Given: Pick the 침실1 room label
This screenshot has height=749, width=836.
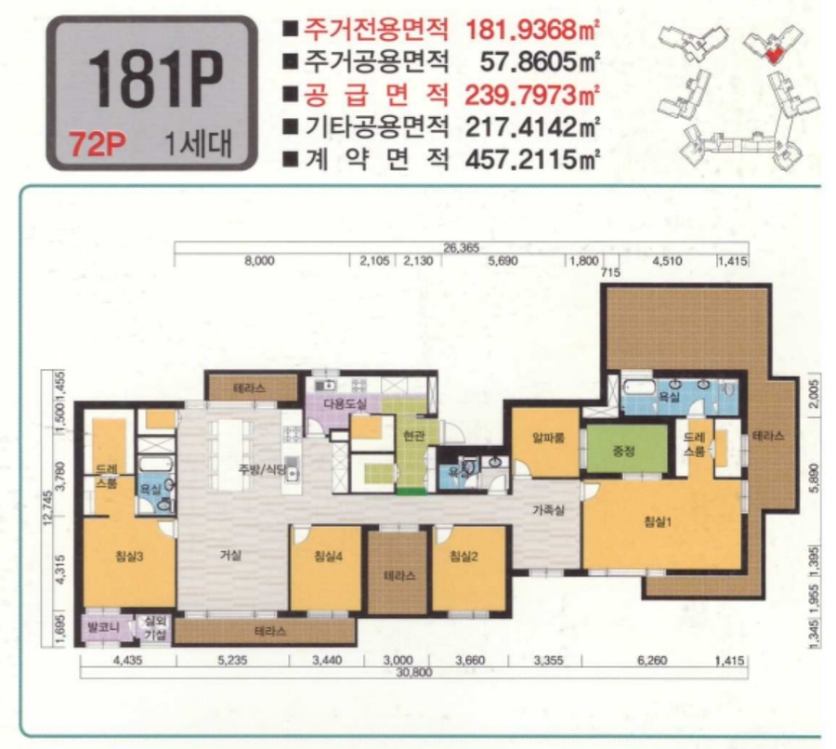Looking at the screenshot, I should [658, 521].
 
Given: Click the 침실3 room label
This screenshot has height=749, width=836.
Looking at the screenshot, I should [129, 556].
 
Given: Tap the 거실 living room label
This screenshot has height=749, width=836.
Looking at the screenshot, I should [229, 556].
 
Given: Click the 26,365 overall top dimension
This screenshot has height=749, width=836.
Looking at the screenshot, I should [462, 247].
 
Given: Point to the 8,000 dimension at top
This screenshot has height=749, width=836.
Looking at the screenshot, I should [259, 262].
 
